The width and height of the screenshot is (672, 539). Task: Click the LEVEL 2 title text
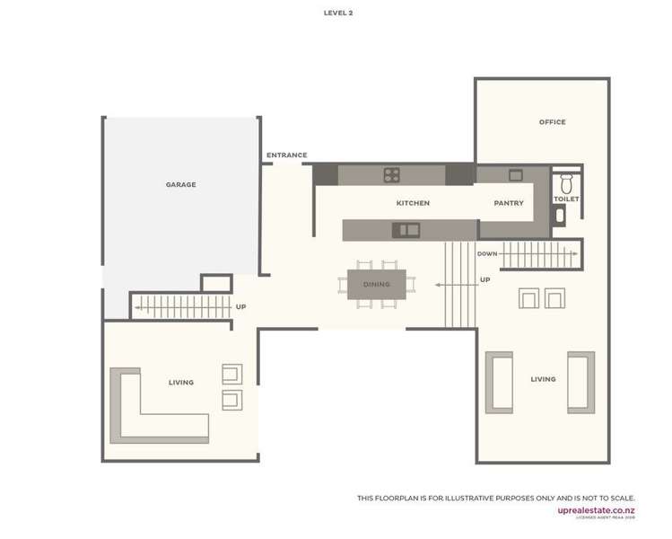click(x=338, y=13)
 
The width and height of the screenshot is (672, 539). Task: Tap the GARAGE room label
click(x=180, y=185)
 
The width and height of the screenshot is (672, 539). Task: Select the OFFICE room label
click(x=552, y=122)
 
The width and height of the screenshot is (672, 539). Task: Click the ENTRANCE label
click(x=286, y=155)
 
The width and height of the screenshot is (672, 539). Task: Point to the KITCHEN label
click(x=413, y=203)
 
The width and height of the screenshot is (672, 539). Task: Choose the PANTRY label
click(x=509, y=203)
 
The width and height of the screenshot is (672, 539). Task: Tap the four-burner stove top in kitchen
click(x=392, y=174)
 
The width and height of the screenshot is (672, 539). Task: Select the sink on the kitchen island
click(x=406, y=230)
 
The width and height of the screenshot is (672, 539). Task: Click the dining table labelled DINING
click(x=377, y=285)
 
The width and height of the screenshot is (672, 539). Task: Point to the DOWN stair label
click(x=487, y=254)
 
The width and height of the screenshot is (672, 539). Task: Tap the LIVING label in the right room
click(x=543, y=379)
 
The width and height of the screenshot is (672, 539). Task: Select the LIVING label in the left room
click(x=181, y=383)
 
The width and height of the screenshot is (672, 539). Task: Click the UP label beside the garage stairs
click(x=240, y=307)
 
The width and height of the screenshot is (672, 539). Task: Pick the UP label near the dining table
click(x=485, y=280)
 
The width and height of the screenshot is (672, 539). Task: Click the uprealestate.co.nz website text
click(x=596, y=510)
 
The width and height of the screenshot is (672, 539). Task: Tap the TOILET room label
click(x=566, y=199)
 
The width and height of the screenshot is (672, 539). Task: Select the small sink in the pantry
click(x=515, y=175)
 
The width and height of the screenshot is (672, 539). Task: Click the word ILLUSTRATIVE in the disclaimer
click(x=479, y=498)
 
